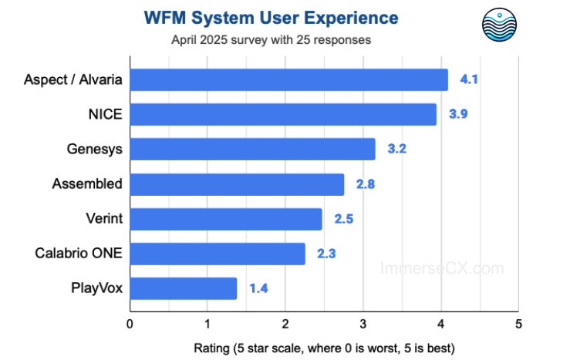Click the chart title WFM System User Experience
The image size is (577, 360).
click(271, 18)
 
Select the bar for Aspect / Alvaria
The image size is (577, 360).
click(288, 80)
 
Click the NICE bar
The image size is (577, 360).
click(282, 115)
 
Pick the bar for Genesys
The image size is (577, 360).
click(252, 150)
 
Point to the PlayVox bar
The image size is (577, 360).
click(183, 288)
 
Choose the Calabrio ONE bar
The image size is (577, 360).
click(217, 254)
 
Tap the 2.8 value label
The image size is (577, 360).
click(365, 184)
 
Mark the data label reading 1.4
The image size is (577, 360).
click(258, 289)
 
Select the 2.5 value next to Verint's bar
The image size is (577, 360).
click(343, 219)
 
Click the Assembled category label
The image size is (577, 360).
click(87, 183)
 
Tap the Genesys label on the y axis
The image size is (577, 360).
click(95, 149)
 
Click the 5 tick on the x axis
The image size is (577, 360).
click(518, 322)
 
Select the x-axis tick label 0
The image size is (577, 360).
click(130, 322)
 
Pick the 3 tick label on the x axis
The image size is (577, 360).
click(363, 322)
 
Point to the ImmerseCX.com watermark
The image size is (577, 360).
click(442, 268)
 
